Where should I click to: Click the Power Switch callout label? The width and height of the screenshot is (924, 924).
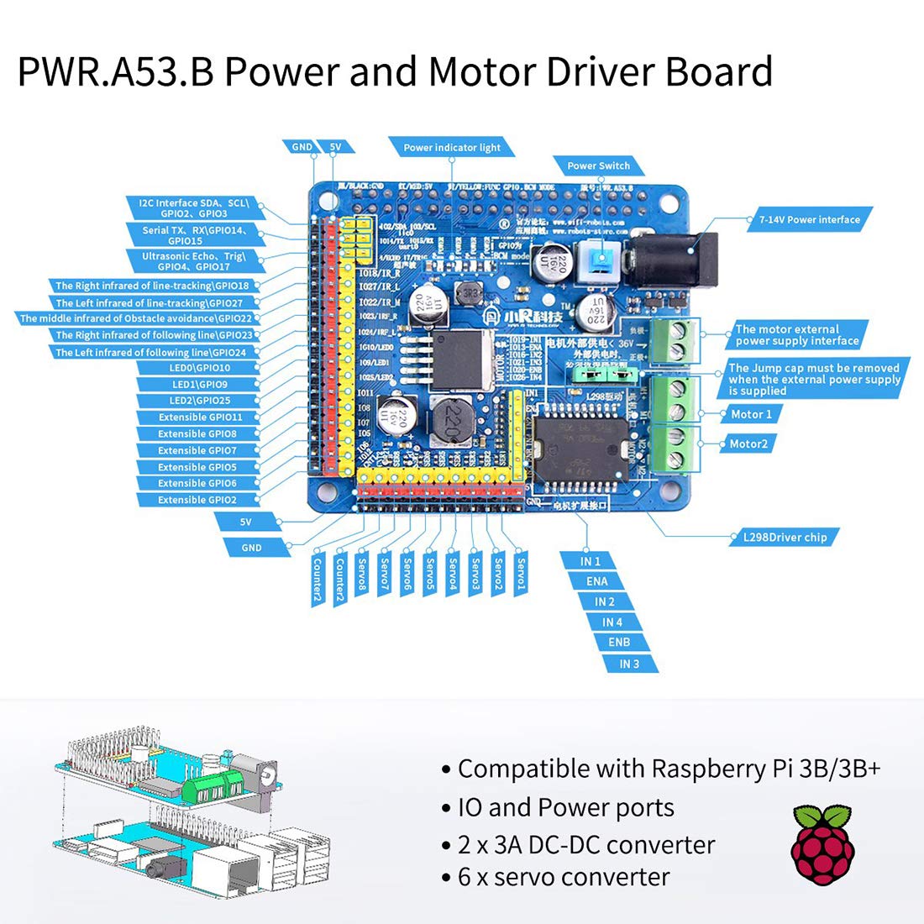click(x=598, y=165)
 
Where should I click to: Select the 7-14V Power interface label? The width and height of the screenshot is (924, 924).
click(x=809, y=219)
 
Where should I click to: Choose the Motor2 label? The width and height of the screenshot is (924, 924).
click(x=748, y=444)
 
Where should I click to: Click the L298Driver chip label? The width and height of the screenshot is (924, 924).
click(x=785, y=537)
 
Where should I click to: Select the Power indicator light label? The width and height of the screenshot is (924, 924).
click(x=451, y=147)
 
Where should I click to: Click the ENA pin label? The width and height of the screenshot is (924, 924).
click(x=597, y=581)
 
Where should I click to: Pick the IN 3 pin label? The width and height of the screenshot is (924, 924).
click(x=629, y=664)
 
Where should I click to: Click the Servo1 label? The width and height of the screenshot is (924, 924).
click(x=521, y=575)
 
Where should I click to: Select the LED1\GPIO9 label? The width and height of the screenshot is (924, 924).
click(x=198, y=384)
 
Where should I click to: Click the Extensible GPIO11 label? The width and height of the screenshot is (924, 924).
click(x=199, y=417)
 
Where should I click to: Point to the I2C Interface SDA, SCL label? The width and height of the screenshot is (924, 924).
click(x=194, y=208)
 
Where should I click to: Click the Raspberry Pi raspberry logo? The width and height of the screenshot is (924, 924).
click(x=822, y=843)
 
